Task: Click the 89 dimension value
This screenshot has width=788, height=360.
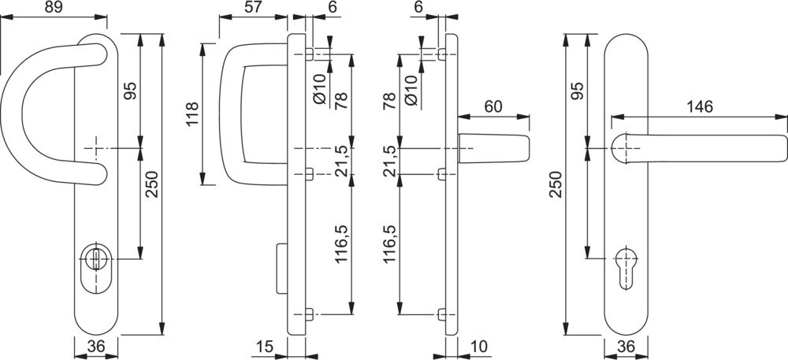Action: click(54, 9)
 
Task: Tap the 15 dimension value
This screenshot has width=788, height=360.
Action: click(266, 347)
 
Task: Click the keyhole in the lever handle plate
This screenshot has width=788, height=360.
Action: click(629, 260)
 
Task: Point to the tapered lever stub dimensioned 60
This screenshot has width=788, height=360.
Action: click(494, 148)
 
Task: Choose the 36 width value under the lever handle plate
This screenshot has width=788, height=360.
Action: click(627, 347)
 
